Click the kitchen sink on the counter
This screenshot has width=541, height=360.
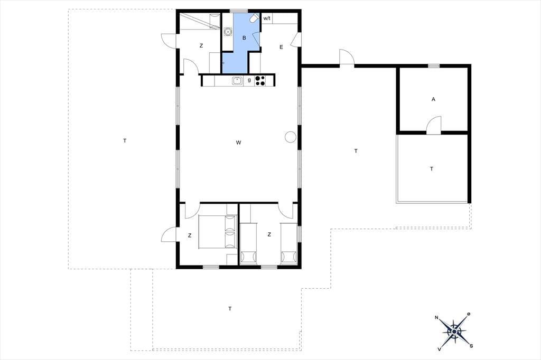point(237,81)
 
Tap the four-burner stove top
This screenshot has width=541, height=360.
point(260,81)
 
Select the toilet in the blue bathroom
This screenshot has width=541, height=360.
point(255,18)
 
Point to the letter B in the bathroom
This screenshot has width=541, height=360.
point(244,38)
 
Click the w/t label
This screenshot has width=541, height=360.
point(267,18)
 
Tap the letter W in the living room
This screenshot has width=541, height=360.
point(238,143)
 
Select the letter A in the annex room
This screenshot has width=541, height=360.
point(433,99)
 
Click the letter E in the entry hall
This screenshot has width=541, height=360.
point(281,47)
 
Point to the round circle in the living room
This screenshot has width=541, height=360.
point(291,137)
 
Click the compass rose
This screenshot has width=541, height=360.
point(454,331)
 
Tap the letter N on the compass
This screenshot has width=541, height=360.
point(436,318)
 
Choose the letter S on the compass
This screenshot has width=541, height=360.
point(471,346)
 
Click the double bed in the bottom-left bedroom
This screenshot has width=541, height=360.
point(218,231)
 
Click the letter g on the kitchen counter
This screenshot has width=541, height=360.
point(249,80)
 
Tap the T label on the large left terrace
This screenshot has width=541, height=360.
point(125,141)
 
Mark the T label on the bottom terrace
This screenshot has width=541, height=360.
point(230,309)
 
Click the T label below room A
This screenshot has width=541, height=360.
point(431,169)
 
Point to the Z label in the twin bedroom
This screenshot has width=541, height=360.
point(269,234)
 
